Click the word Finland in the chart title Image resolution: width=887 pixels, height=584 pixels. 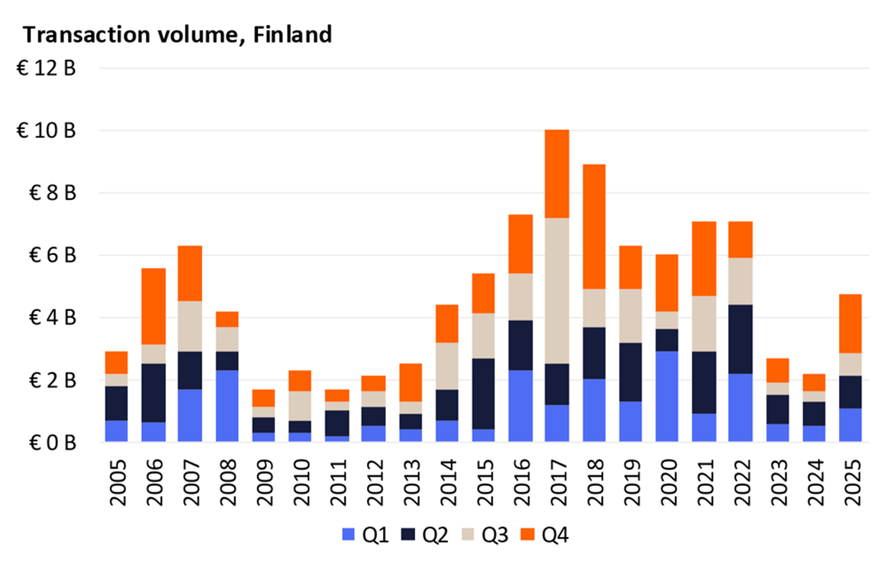(292, 35)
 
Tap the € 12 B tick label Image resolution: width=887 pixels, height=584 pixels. (46, 68)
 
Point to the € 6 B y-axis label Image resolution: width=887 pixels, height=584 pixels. (52, 255)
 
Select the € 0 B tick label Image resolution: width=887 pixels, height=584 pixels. (52, 443)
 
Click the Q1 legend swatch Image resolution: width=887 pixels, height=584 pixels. (348, 534)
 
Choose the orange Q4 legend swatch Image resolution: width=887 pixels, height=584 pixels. (527, 534)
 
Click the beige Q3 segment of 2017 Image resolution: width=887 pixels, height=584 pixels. (557, 290)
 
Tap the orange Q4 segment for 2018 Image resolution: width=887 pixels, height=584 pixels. (594, 227)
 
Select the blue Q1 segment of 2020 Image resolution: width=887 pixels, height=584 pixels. (667, 396)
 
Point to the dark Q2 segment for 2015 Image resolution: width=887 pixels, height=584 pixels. (483, 393)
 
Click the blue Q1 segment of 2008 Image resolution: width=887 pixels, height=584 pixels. (227, 406)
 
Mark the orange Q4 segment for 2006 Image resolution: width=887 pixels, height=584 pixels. (153, 306)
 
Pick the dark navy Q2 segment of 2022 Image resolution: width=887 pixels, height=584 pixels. (740, 339)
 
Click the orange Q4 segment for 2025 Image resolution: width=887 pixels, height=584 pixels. (850, 324)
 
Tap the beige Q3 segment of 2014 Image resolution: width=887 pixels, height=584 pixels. (447, 366)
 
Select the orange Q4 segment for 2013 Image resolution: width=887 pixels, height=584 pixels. (410, 383)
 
